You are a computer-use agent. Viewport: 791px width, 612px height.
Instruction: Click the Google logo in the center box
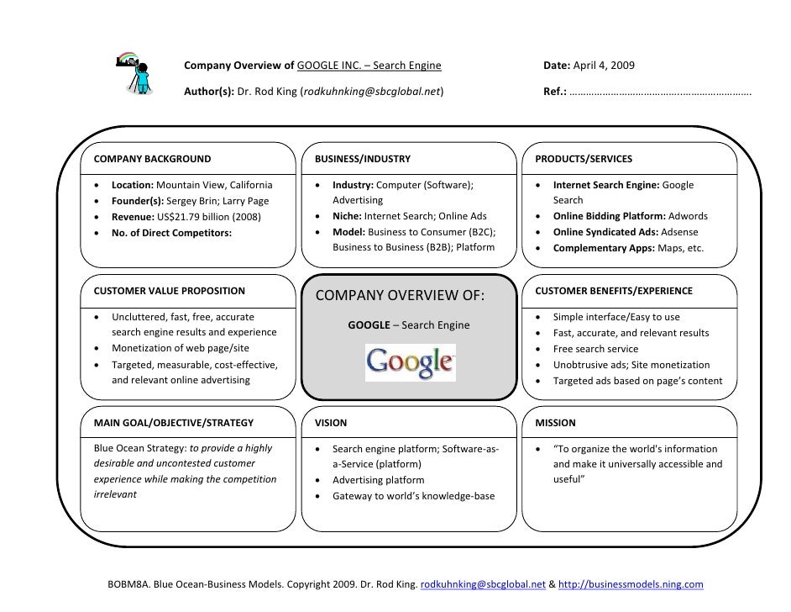409,362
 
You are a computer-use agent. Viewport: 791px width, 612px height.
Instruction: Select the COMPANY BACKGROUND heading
152,158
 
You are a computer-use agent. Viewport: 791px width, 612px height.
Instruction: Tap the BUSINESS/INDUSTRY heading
362,158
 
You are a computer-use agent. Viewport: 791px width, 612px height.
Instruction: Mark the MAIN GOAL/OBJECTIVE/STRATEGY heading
173,423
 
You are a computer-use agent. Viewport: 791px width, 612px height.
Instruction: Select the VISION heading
330,423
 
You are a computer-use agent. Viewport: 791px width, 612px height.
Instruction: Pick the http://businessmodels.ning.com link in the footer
631,583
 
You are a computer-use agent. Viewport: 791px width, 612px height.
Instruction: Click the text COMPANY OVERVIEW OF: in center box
401,296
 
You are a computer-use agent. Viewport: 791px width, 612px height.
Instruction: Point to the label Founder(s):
138,201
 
